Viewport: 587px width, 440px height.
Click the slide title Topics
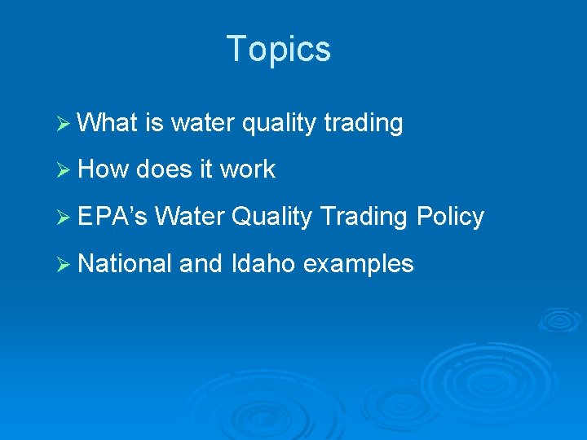tap(279, 49)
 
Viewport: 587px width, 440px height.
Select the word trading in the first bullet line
tap(363, 123)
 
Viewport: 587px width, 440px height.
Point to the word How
tap(104, 169)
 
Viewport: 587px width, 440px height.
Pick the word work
tap(248, 169)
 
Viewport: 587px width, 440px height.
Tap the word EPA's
tap(112, 217)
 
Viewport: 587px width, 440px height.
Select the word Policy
tap(450, 217)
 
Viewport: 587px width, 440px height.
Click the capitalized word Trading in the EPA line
tap(364, 217)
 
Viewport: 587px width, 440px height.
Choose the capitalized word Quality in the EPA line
tap(271, 217)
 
